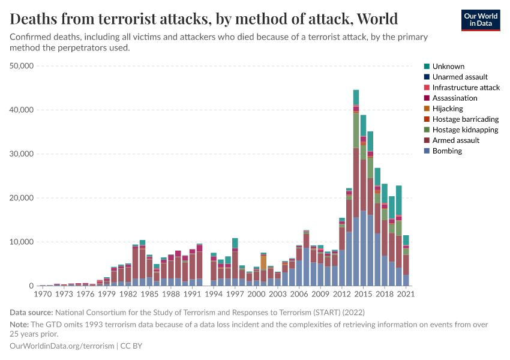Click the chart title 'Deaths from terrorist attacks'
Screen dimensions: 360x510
pos(204,19)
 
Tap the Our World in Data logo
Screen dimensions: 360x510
pos(480,20)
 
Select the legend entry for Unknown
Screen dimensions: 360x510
pos(448,67)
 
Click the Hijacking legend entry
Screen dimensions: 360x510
pos(448,109)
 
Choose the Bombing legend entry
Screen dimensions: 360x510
pos(447,151)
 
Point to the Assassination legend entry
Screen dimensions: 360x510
pos(454,98)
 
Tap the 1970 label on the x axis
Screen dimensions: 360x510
pos(43,295)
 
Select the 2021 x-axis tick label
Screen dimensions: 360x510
pos(406,295)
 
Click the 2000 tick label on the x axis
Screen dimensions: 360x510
pos(257,295)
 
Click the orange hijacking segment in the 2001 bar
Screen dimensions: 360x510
pos(263,262)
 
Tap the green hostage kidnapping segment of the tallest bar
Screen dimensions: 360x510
pos(356,130)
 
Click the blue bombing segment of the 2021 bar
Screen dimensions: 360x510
pos(406,280)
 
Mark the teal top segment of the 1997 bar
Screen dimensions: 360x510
pos(235,243)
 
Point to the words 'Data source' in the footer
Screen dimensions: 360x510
pos(31,313)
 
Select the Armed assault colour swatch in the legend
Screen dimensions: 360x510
pos(427,140)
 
